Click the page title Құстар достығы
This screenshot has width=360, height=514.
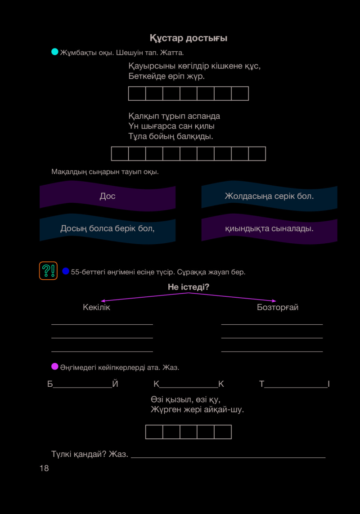point(189,38)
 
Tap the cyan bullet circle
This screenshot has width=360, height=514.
point(55,52)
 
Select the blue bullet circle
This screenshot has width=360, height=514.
point(66,271)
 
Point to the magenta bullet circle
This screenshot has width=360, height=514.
point(55,367)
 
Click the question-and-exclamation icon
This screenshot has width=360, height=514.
point(48,271)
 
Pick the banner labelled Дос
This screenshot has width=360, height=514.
point(108,196)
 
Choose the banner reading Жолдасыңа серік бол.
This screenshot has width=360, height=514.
point(269,196)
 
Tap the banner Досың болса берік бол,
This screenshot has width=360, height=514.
point(108,228)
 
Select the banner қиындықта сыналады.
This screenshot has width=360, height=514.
point(269,228)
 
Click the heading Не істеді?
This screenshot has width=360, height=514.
point(189,287)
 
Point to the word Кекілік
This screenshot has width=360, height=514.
point(96,307)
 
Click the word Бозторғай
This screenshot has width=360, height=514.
point(278,307)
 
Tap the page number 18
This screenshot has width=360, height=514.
point(44,468)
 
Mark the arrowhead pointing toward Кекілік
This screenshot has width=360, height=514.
point(103,300)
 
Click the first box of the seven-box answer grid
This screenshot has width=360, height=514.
point(137,94)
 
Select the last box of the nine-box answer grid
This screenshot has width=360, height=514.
point(257,154)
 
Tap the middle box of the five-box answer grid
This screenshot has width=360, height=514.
point(189,432)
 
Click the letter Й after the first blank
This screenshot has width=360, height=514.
point(115,384)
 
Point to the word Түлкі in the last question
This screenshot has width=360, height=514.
point(61,454)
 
